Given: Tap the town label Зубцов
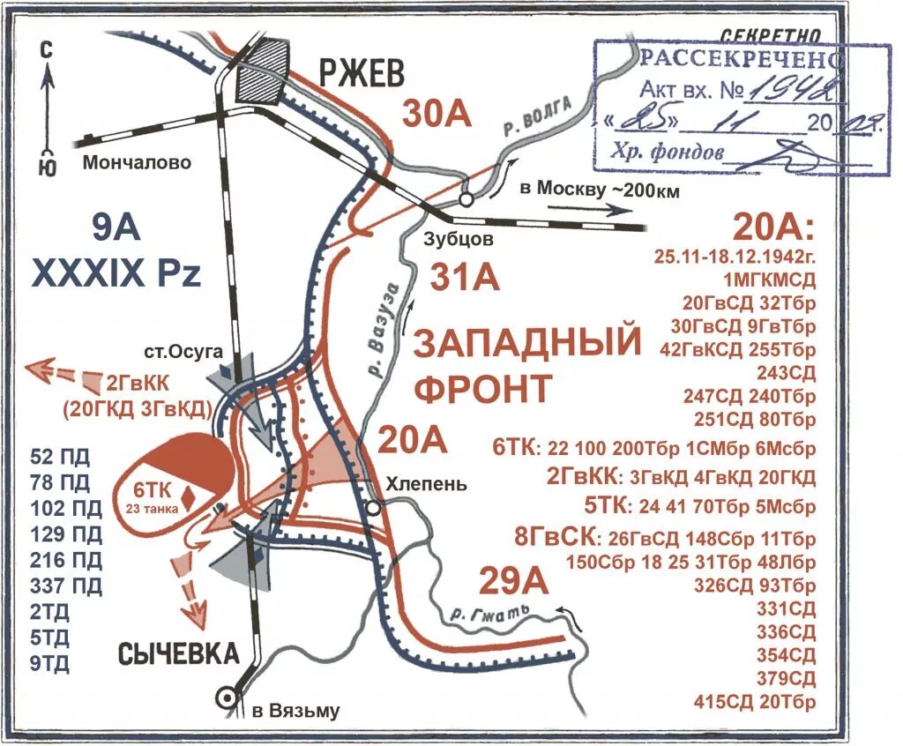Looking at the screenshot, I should point(455,237).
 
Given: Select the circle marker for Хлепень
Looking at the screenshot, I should point(374,508).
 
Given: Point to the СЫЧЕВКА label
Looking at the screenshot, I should point(178,653).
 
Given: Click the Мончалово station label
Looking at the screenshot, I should point(137,162).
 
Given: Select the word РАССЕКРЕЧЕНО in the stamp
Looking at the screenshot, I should point(741,60).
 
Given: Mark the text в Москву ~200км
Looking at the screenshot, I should point(599,190).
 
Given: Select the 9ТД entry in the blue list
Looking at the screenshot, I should point(49,661).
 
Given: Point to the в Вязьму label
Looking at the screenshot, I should point(295,711).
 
